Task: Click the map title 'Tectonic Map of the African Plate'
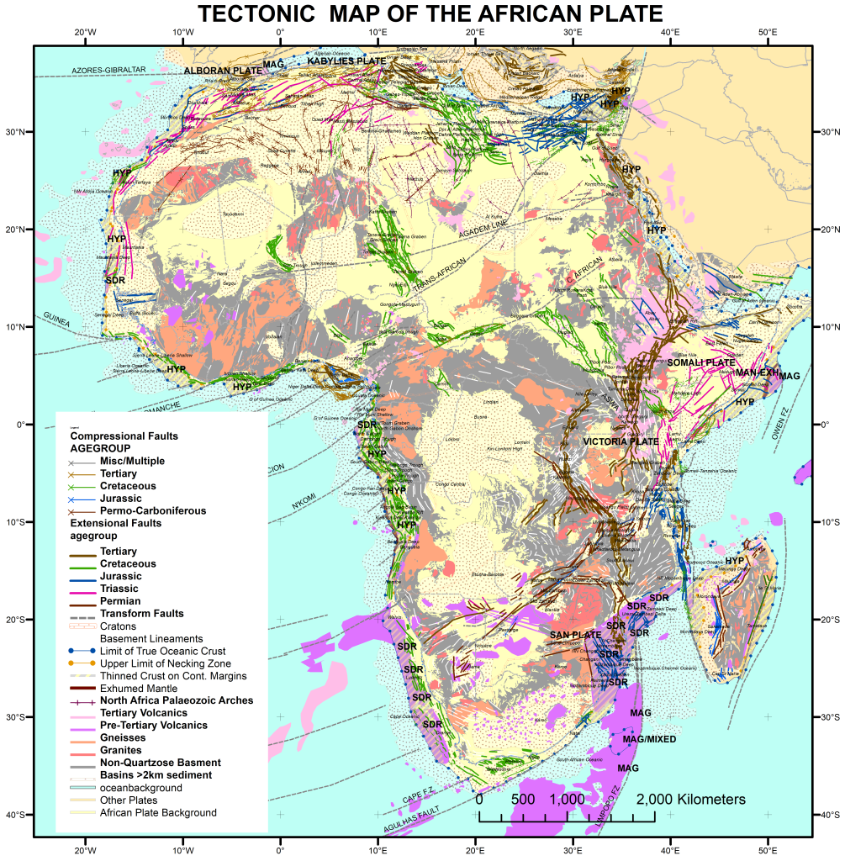click(x=430, y=13)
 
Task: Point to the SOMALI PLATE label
click(x=701, y=362)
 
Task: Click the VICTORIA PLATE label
click(x=621, y=441)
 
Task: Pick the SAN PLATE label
click(x=575, y=635)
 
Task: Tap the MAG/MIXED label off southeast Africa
click(x=649, y=740)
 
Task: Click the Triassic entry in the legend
click(x=120, y=589)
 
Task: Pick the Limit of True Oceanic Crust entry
click(x=162, y=651)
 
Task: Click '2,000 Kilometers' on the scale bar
click(x=690, y=800)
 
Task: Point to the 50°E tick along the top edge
click(x=768, y=32)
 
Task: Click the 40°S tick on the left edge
click(x=20, y=815)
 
